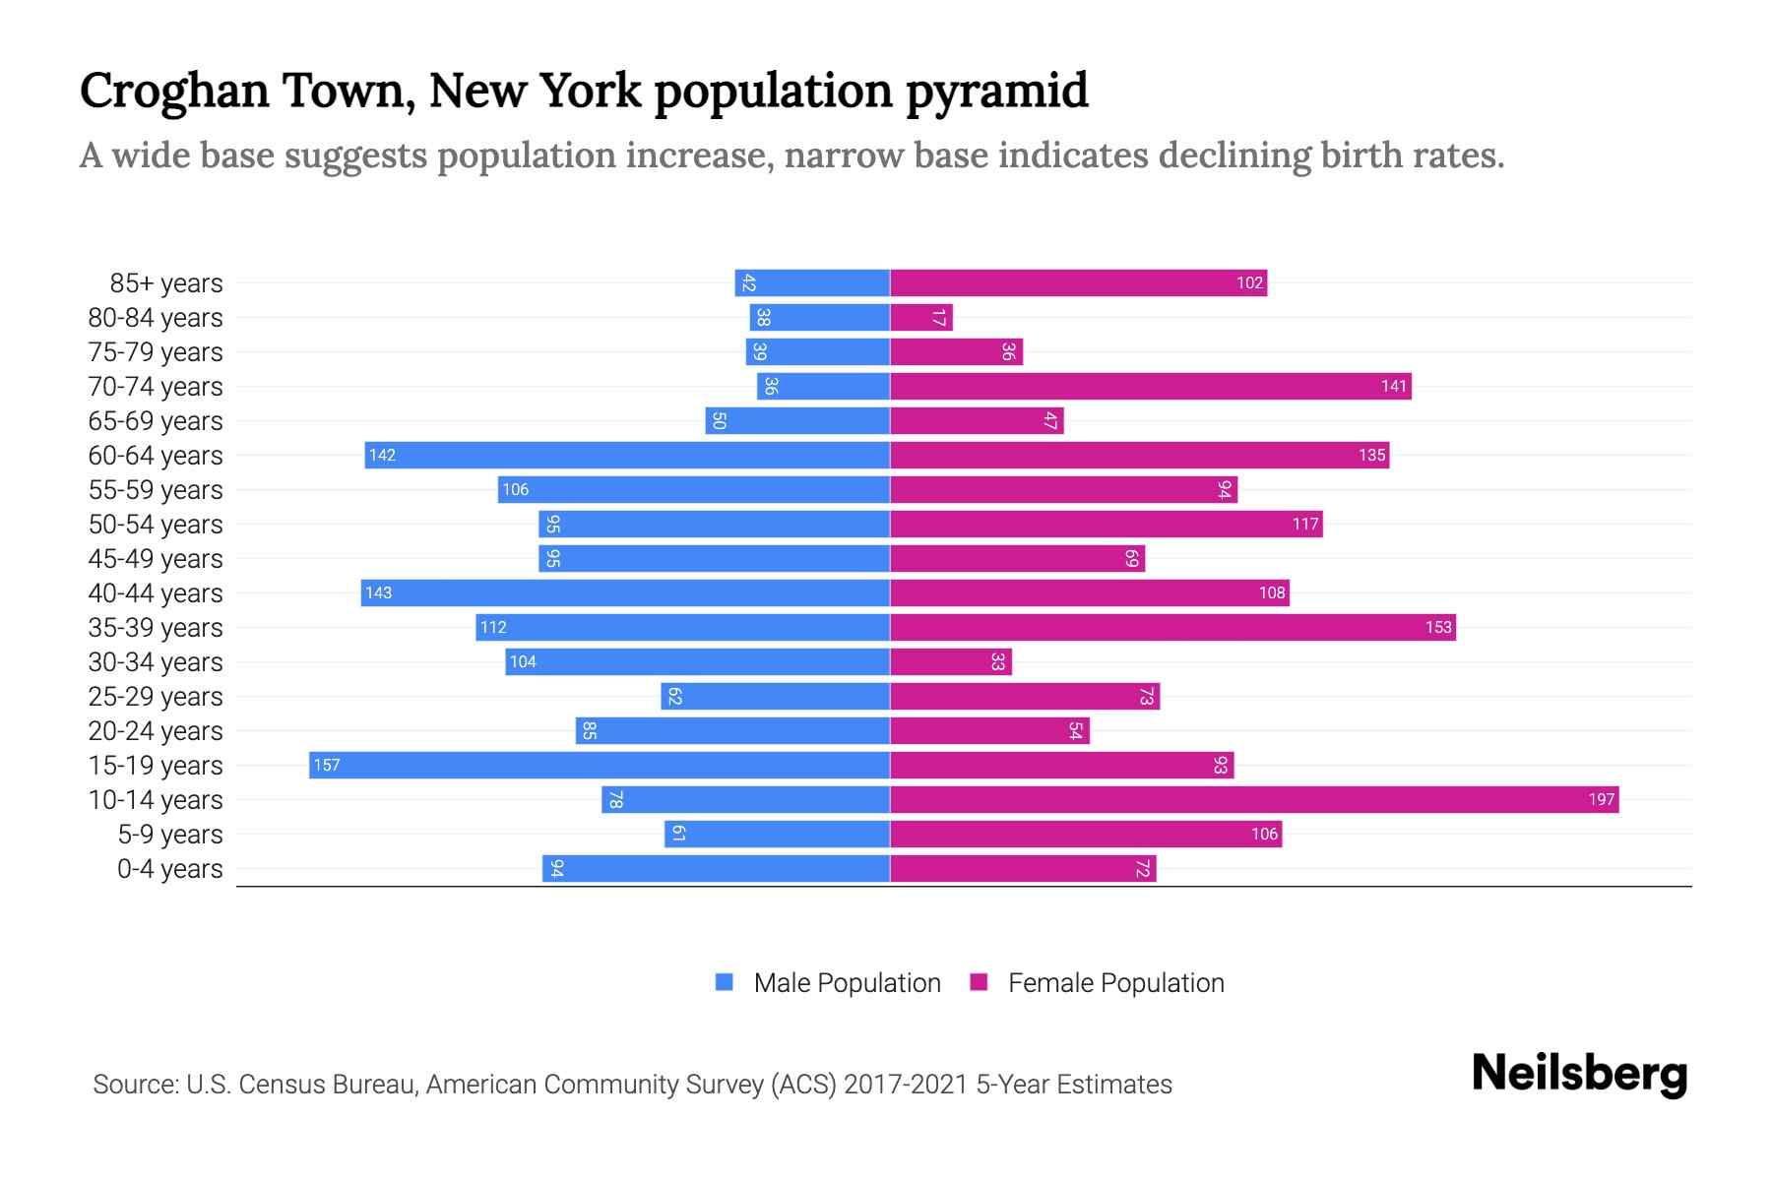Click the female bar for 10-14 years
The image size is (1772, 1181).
coord(1254,800)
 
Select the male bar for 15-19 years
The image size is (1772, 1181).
coord(600,766)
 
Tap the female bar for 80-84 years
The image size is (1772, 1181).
coord(921,318)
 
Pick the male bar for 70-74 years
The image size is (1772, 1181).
coord(823,387)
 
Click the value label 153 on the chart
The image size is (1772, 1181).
coord(1438,628)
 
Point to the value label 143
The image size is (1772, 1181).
coord(378,593)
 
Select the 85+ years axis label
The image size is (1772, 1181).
coord(165,283)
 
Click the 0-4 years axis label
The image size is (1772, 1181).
coord(169,869)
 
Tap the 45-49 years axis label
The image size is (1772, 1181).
coord(156,559)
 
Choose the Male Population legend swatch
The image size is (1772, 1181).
coord(725,982)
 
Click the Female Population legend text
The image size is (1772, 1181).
coord(1115,983)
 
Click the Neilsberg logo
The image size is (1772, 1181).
coord(1579,1074)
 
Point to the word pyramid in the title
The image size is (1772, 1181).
coord(996,91)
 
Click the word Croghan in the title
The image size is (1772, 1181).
coord(174,91)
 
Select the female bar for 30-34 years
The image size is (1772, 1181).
coord(951,662)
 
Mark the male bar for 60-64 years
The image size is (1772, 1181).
coord(627,456)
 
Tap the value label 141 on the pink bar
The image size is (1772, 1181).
coord(1393,387)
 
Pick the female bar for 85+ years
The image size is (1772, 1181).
coord(1078,283)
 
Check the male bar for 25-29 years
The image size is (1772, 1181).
coord(776,697)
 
